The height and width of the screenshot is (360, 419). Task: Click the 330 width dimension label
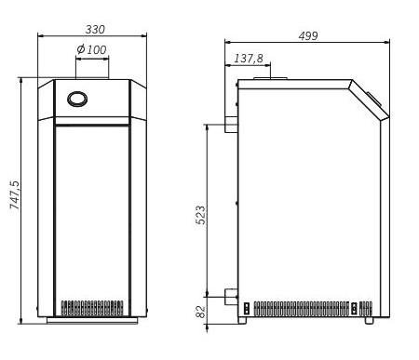[95, 30]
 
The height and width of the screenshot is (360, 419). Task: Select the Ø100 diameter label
[91, 49]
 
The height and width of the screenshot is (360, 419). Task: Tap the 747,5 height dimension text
[15, 194]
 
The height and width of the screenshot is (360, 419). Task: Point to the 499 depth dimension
[308, 36]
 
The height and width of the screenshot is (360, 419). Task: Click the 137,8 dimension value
[249, 59]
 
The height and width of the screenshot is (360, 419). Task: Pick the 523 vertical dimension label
[200, 215]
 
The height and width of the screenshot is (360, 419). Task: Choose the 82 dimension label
[201, 312]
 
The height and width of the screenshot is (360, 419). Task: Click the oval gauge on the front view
[77, 99]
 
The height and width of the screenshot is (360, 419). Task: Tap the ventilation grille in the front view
[92, 308]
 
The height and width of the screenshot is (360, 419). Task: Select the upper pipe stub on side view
[231, 125]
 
